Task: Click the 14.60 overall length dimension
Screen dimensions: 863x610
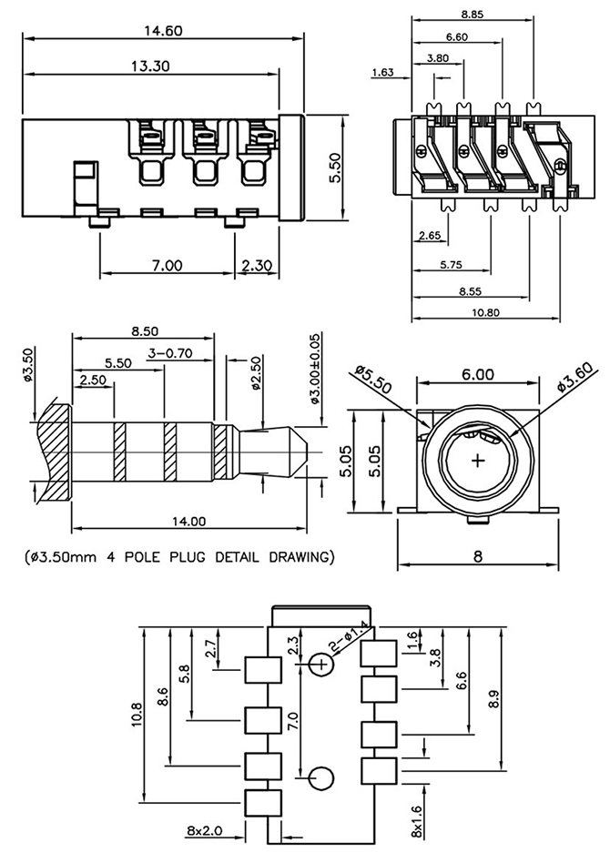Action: click(x=163, y=30)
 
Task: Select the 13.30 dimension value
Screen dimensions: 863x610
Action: click(x=150, y=66)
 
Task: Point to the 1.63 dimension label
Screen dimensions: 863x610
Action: click(x=384, y=73)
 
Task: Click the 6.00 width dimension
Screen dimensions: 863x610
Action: click(x=477, y=374)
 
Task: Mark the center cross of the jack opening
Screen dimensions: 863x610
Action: click(x=478, y=461)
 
